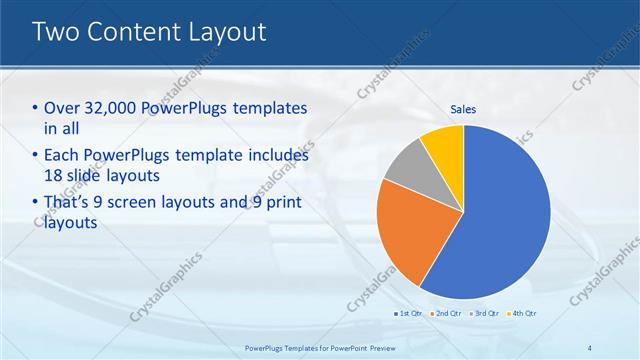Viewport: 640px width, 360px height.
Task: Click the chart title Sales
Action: (x=463, y=109)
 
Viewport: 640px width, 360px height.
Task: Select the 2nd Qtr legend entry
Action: (x=447, y=314)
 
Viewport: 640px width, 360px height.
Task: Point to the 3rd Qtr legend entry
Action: (x=483, y=314)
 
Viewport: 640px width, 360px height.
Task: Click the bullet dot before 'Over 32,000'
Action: (x=36, y=108)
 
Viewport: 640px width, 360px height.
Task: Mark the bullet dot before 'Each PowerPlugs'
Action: (x=36, y=156)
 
